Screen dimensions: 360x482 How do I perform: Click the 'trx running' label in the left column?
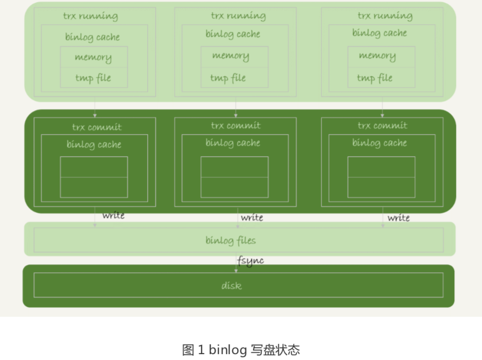click(90, 16)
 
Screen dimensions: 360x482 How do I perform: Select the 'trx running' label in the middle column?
click(238, 16)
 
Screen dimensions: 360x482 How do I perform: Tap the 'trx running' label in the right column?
click(385, 16)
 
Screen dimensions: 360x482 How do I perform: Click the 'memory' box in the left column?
click(94, 57)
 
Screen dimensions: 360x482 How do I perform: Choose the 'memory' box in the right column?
click(377, 56)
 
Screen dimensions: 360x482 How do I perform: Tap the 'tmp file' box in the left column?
click(94, 78)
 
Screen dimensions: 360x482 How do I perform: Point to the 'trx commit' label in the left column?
click(96, 128)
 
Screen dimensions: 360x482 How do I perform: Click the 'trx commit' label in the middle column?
click(236, 126)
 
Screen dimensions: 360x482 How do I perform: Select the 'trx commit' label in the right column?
click(382, 126)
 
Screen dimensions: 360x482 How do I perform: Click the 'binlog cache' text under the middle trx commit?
click(233, 143)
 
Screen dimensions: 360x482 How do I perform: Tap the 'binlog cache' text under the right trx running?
click(379, 33)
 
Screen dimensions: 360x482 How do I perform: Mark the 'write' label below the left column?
click(113, 215)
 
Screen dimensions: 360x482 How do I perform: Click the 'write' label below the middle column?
click(252, 218)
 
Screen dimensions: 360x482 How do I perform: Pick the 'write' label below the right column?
click(399, 218)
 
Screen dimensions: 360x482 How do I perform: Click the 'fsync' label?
click(250, 260)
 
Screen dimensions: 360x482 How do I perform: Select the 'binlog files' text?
click(231, 240)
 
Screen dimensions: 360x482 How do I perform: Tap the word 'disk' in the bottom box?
click(231, 285)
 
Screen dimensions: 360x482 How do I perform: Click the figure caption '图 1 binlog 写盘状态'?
click(240, 350)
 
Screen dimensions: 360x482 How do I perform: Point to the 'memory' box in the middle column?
click(231, 56)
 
